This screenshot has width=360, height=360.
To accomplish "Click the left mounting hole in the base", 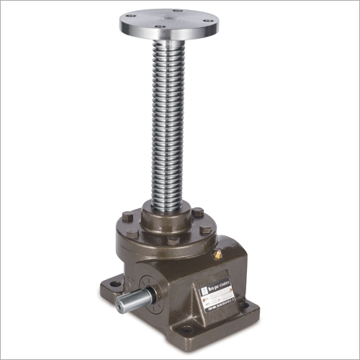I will coord(114,285).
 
